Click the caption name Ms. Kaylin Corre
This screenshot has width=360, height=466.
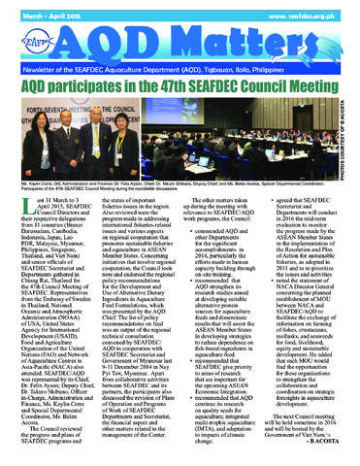(x=39, y=208)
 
